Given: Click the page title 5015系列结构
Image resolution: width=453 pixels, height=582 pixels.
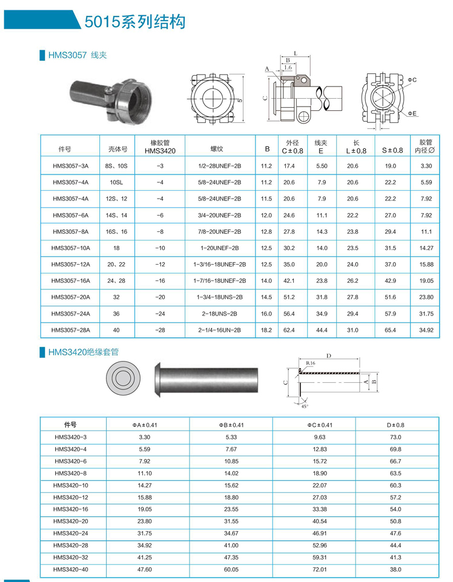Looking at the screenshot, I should tap(134, 22).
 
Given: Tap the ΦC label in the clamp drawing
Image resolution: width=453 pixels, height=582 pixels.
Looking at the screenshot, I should tap(412, 80).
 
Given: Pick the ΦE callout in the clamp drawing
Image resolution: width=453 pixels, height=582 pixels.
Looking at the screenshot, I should tap(412, 113).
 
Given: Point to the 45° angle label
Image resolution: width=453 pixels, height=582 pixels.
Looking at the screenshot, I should tap(305, 406).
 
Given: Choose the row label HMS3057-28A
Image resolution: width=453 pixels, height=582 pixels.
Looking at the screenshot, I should tap(70, 330).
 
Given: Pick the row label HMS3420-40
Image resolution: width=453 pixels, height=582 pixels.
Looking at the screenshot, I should tap(70, 569).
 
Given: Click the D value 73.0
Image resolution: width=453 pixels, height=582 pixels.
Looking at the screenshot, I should tap(396, 437).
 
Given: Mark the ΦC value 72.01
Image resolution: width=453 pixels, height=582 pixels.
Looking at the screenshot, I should tap(312, 569).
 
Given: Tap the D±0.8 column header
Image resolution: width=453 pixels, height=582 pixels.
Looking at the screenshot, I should tap(396, 425).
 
